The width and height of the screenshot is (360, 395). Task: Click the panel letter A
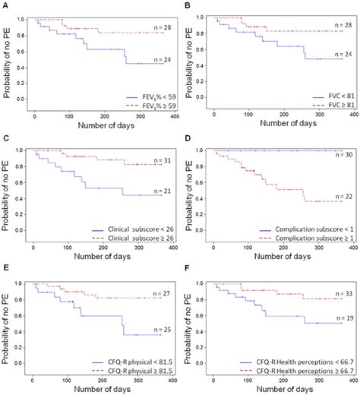pos(5,5)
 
